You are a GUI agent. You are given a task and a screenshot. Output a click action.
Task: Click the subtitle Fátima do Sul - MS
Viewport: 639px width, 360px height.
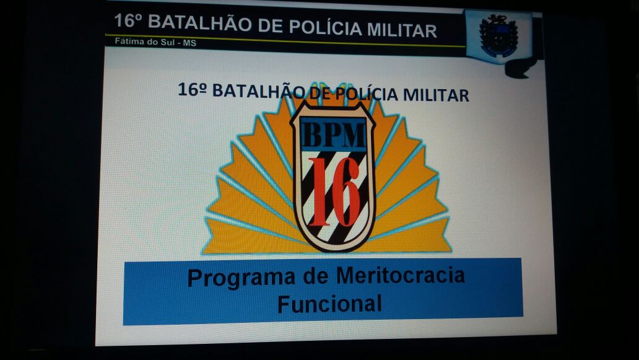click(155, 42)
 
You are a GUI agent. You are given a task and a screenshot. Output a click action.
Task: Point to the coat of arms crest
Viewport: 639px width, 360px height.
click(498, 35)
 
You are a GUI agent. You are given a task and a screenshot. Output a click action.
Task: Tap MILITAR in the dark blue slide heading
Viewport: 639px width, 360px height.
click(436, 95)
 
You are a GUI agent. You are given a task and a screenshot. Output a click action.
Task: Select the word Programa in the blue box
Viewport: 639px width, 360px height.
click(241, 278)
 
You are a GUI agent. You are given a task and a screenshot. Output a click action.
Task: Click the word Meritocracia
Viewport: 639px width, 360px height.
click(400, 276)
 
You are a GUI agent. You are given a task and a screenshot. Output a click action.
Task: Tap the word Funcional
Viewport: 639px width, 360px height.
click(329, 304)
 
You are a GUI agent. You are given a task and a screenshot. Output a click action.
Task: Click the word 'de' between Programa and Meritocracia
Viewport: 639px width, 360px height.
click(315, 276)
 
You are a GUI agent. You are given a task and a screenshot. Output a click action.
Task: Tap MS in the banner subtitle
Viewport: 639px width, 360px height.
click(189, 43)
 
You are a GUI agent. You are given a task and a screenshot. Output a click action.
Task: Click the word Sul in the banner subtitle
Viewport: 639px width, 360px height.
click(167, 42)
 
